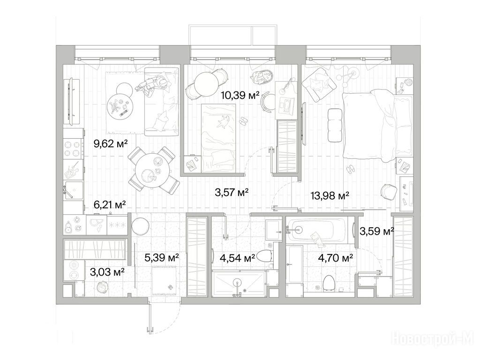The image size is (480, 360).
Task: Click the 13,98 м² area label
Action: point(330,195)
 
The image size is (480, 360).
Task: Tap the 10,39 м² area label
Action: point(240,96)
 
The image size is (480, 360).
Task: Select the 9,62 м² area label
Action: point(111,143)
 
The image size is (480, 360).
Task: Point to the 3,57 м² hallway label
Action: point(232,192)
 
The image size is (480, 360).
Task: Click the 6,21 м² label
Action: point(110,204)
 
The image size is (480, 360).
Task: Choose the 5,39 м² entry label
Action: point(162,258)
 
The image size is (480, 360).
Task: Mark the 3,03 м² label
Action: point(107,271)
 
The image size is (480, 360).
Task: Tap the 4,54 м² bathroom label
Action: point(237,258)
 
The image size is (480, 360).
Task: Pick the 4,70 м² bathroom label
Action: point(336,258)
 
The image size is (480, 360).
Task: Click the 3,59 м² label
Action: point(376,232)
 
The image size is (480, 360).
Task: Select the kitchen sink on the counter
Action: point(74,190)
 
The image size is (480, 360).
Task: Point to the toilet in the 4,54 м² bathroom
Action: point(264,256)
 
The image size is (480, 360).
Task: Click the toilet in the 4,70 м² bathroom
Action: point(329,282)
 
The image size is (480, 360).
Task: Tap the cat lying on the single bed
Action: point(224,121)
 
